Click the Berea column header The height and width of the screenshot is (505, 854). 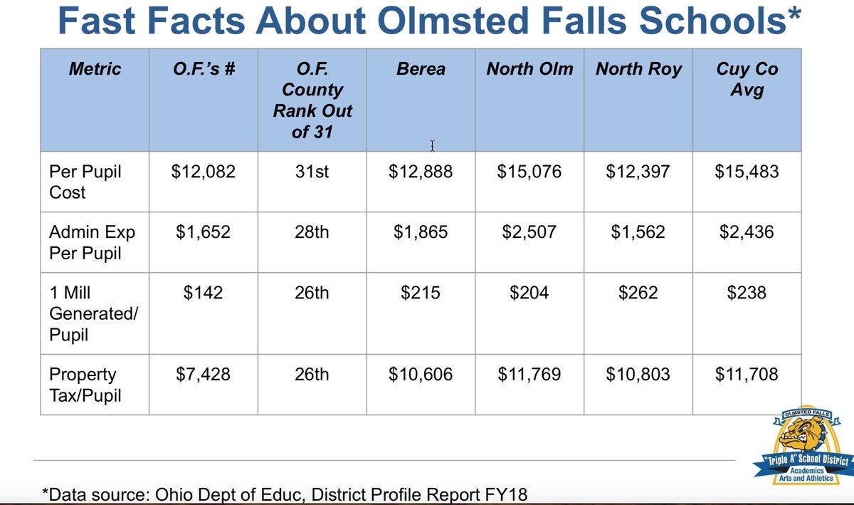point(421,70)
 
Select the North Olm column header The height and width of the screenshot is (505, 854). point(529,70)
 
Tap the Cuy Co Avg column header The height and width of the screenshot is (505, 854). point(747,80)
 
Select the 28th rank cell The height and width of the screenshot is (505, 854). point(312,232)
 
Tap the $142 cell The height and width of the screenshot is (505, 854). point(203,292)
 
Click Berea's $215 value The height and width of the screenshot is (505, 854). point(421,292)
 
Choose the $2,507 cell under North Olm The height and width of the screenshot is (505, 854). point(529,232)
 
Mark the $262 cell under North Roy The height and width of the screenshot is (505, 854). point(638,292)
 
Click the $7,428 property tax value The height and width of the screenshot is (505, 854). point(203,374)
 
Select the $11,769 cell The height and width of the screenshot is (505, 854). point(529,374)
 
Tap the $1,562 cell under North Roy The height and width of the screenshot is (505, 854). point(638,232)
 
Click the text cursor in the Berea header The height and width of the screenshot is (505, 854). point(432,146)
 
